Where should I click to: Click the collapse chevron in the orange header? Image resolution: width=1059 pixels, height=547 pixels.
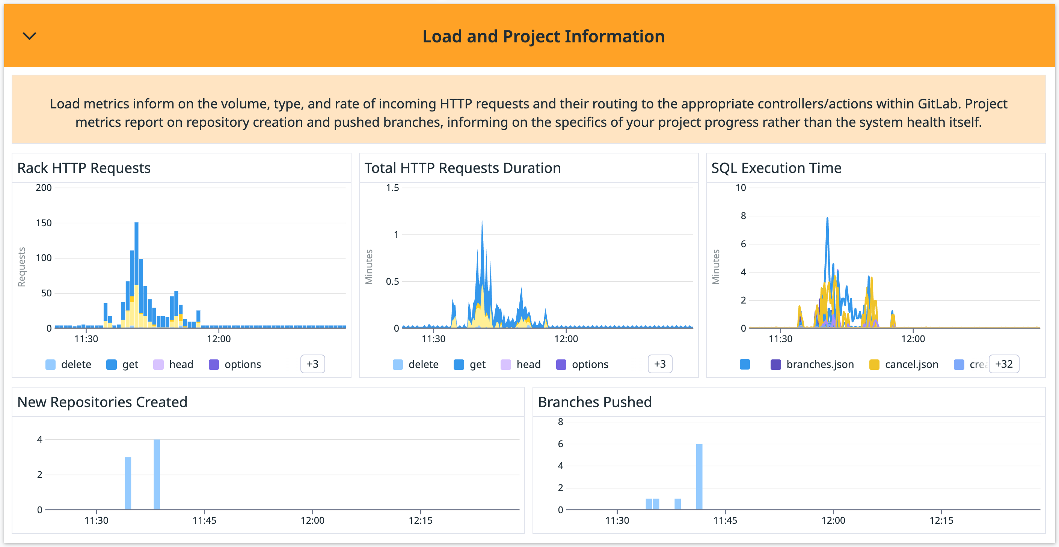pyautogui.click(x=29, y=36)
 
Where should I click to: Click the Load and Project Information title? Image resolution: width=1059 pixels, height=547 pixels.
pyautogui.click(x=543, y=36)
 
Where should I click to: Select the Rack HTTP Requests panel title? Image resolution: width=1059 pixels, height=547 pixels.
pyautogui.click(x=84, y=168)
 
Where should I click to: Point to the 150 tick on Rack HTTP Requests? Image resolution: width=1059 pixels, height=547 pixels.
pyautogui.click(x=44, y=223)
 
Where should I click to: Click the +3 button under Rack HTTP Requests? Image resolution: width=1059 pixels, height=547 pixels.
pyautogui.click(x=312, y=364)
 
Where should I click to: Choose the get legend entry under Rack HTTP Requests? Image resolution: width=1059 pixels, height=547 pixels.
pyautogui.click(x=122, y=364)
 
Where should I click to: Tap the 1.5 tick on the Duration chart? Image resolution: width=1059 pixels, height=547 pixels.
pyautogui.click(x=392, y=188)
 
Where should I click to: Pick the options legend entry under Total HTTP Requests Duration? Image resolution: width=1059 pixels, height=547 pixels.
pyautogui.click(x=582, y=364)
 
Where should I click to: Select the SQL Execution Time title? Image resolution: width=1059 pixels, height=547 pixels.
pyautogui.click(x=776, y=168)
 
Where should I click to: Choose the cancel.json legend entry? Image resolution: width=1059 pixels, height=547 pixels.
pyautogui.click(x=904, y=364)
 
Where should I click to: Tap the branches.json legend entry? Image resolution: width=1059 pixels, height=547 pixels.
pyautogui.click(x=812, y=364)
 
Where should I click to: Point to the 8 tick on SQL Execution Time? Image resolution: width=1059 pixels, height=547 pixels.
pyautogui.click(x=743, y=216)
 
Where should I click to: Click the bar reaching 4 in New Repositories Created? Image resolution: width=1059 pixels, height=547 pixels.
pyautogui.click(x=157, y=474)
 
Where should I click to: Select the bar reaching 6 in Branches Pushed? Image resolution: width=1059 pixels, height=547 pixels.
pyautogui.click(x=699, y=476)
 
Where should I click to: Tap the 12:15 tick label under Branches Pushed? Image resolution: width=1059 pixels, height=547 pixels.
pyautogui.click(x=941, y=520)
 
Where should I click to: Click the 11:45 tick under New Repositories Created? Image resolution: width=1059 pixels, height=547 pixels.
pyautogui.click(x=204, y=520)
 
